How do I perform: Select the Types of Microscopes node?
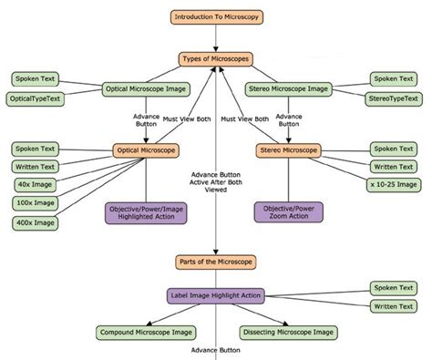pyautogui.click(x=215, y=59)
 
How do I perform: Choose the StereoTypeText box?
pyautogui.click(x=394, y=98)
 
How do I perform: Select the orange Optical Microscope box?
pyautogui.click(x=146, y=149)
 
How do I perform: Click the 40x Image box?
pyautogui.click(x=35, y=185)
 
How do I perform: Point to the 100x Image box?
pyautogui.click(x=35, y=203)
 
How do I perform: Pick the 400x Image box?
pyautogui.click(x=35, y=222)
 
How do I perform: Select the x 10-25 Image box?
pyautogui.click(x=394, y=185)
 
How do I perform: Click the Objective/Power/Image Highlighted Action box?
pyautogui.click(x=145, y=212)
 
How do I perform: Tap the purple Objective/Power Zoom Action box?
pyautogui.click(x=289, y=212)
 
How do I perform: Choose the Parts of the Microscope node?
pyautogui.click(x=215, y=262)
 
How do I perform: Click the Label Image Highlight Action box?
pyautogui.click(x=215, y=295)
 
